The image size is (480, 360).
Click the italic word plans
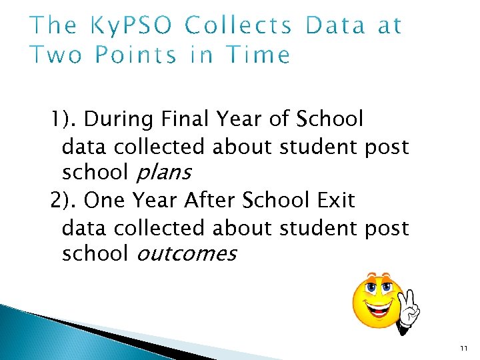(x=163, y=173)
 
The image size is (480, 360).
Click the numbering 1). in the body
(x=64, y=120)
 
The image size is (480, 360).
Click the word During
(x=119, y=120)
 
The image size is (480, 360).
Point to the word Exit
(x=335, y=200)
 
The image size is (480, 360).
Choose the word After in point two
(x=211, y=200)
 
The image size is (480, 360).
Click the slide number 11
(x=464, y=347)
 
